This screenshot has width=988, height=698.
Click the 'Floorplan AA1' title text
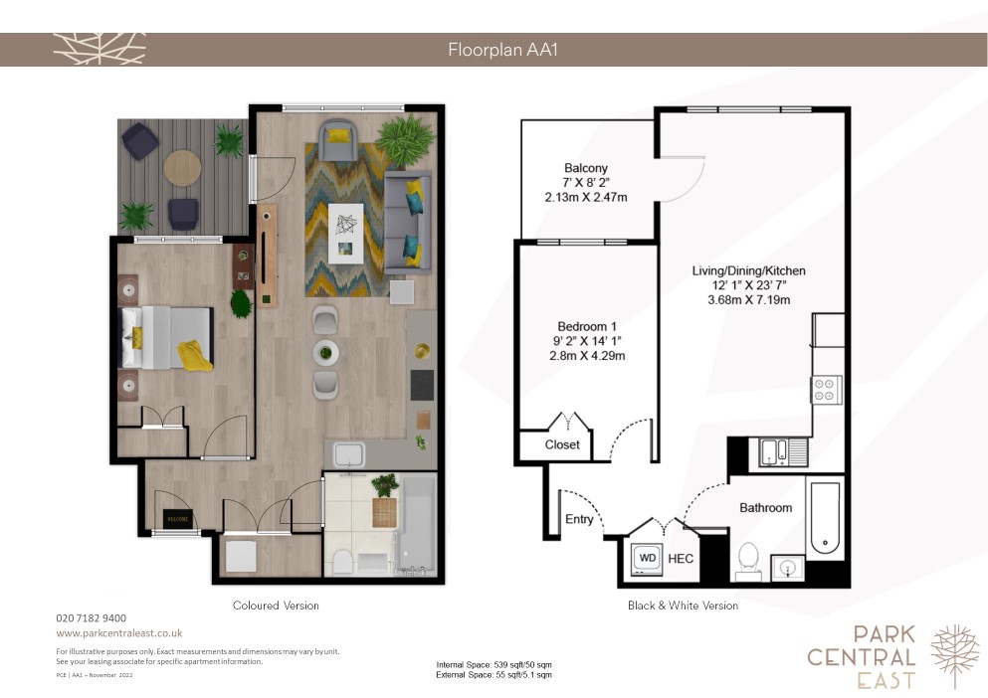pyautogui.click(x=502, y=50)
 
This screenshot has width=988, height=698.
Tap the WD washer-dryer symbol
pyautogui.click(x=647, y=559)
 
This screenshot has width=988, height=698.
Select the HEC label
pyautogui.click(x=681, y=559)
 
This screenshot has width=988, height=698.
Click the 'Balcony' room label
pyautogui.click(x=586, y=168)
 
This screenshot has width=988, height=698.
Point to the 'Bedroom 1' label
pyautogui.click(x=587, y=326)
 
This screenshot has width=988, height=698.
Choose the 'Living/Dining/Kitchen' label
pyautogui.click(x=748, y=270)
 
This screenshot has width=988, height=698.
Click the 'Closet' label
pyautogui.click(x=562, y=444)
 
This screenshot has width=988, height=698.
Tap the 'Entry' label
pyautogui.click(x=579, y=519)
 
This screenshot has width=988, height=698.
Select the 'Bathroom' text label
pyautogui.click(x=765, y=508)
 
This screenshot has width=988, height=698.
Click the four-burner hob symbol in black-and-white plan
pyautogui.click(x=827, y=390)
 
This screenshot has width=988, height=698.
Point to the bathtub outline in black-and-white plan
pyautogui.click(x=825, y=517)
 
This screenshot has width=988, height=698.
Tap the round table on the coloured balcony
pyautogui.click(x=183, y=168)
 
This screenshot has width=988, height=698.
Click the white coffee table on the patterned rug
pyautogui.click(x=346, y=233)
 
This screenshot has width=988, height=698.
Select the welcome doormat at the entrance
pyautogui.click(x=178, y=519)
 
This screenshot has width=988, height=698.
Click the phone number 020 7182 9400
pyautogui.click(x=92, y=618)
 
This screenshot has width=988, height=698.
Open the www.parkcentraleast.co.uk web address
pyautogui.click(x=119, y=633)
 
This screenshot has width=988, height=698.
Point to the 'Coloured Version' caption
pyautogui.click(x=276, y=606)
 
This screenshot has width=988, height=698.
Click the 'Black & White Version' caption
pyautogui.click(x=683, y=606)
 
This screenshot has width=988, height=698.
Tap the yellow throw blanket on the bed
pyautogui.click(x=195, y=356)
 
